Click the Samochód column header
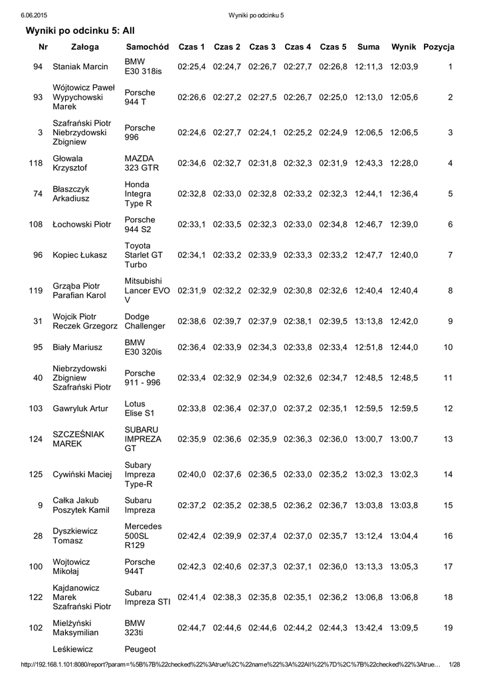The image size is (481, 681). tap(147, 47)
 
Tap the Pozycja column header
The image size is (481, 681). tap(438, 47)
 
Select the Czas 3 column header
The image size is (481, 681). tap(262, 47)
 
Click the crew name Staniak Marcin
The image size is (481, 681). tap(80, 67)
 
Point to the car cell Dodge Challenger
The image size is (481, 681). tap(145, 321)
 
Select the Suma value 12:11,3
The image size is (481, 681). tap(369, 67)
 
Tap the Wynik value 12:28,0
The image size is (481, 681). tap(404, 163)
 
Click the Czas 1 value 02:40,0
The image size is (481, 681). tap(191, 474)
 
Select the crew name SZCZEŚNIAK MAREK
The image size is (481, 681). tap(78, 439)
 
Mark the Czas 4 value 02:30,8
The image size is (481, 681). tap(298, 290)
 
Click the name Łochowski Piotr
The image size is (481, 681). tap(82, 225)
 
